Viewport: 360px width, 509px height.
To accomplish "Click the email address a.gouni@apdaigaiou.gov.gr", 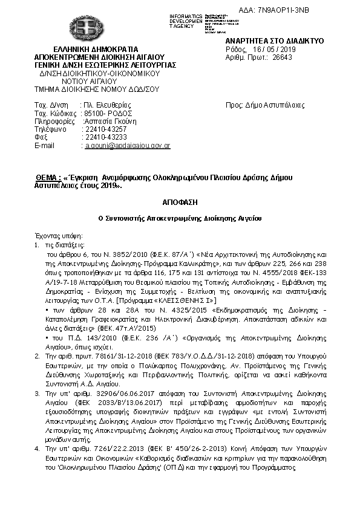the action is [127, 146].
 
